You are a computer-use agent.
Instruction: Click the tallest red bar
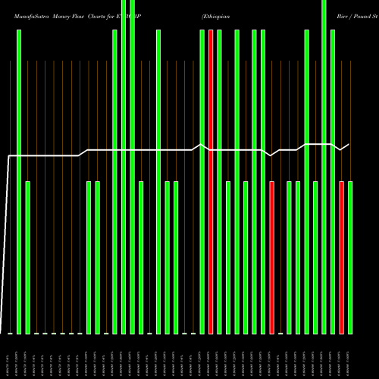pyautogui.click(x=211, y=182)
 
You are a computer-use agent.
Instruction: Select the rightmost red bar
pyautogui.click(x=342, y=258)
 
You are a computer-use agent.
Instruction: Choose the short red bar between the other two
pyautogui.click(x=272, y=258)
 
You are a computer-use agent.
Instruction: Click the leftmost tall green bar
pyautogui.click(x=19, y=182)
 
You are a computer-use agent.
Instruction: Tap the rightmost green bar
pyautogui.click(x=350, y=258)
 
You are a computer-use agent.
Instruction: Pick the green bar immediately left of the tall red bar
pyautogui.click(x=202, y=182)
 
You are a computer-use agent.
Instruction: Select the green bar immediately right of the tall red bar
pyautogui.click(x=219, y=182)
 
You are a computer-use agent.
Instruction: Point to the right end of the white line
pyautogui.click(x=349, y=144)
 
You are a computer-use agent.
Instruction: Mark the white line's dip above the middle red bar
pyautogui.click(x=271, y=155)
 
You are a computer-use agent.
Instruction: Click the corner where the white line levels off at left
pyautogui.click(x=9, y=156)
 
